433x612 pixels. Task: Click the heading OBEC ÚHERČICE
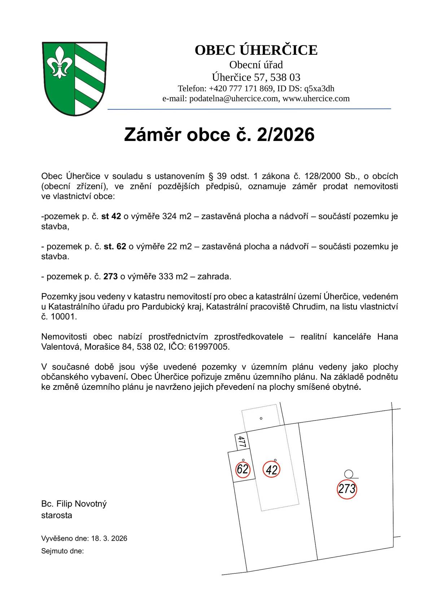[x=256, y=50]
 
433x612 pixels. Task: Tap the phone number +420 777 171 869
[x=241, y=89]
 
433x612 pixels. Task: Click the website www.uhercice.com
[x=316, y=98]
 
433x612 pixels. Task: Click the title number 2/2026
[x=285, y=135]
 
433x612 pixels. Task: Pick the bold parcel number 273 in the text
[x=110, y=277]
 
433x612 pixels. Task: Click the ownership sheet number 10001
[x=64, y=317]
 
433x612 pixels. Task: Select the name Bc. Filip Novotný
[x=74, y=504]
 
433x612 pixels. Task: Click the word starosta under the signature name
[x=57, y=515]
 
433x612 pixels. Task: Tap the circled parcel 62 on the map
[x=243, y=469]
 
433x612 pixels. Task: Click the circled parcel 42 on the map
[x=272, y=469]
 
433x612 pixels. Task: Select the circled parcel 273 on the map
[x=347, y=489]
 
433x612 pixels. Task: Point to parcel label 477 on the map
[x=242, y=441]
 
